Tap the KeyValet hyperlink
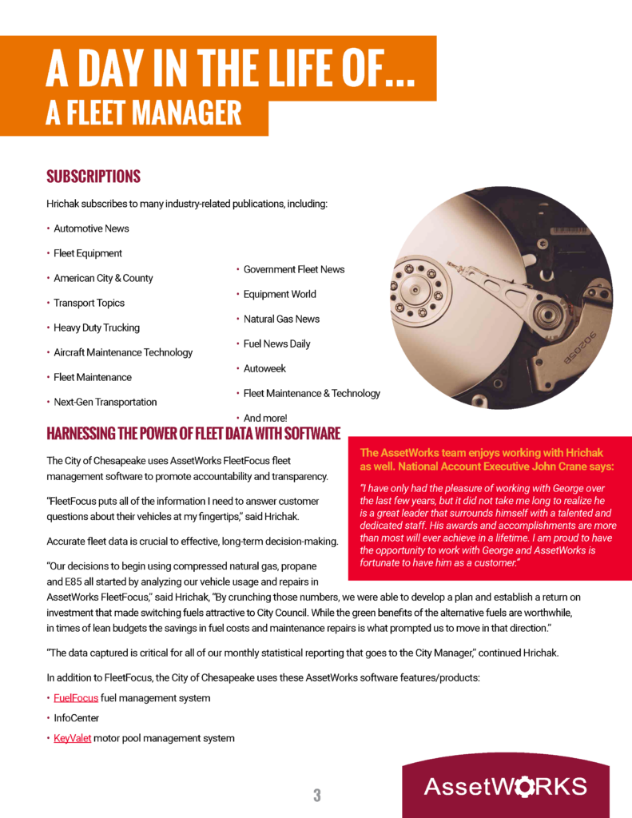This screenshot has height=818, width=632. [x=72, y=738]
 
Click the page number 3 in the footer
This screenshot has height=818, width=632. [x=317, y=795]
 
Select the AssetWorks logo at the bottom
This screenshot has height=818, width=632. [x=505, y=786]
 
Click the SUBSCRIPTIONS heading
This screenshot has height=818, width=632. [x=93, y=177]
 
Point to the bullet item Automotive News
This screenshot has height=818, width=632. [x=91, y=228]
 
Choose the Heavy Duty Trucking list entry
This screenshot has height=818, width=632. [x=96, y=328]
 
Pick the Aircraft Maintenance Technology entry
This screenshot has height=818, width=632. [x=123, y=352]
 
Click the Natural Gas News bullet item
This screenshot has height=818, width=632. [x=281, y=319]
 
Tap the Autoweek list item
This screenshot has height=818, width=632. [x=264, y=368]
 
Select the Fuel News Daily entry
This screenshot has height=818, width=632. [x=276, y=343]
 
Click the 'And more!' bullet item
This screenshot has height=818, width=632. [x=264, y=418]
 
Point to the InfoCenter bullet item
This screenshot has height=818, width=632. [x=77, y=718]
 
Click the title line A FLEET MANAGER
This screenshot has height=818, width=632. [x=144, y=113]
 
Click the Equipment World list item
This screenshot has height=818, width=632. [x=280, y=294]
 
